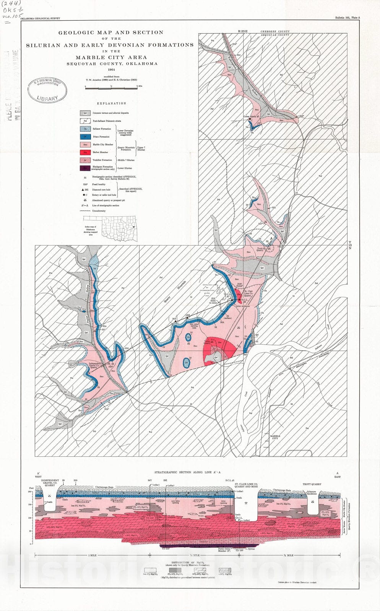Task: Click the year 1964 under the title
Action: [111, 70]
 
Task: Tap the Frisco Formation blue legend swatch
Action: [85, 137]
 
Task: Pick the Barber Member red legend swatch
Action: [85, 152]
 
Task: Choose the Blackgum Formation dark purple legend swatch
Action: [85, 168]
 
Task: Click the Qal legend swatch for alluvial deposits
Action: [85, 113]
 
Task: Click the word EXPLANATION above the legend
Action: [111, 103]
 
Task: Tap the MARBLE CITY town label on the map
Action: [275, 437]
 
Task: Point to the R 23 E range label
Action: [243, 31]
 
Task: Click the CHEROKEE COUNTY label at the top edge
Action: [275, 32]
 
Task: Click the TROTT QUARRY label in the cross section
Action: [313, 484]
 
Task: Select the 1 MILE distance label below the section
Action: [93, 555]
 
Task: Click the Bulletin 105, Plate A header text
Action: [347, 18]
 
